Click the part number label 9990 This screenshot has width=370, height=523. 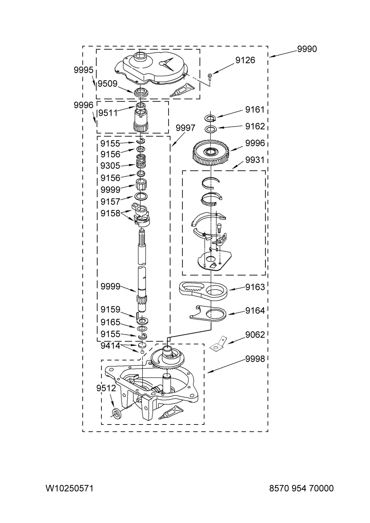pos(307,49)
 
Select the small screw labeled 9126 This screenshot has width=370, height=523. pos(210,76)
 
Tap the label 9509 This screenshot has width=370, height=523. pos(107,84)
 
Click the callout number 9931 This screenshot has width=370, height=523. pos(255,160)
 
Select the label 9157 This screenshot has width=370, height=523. pos(110,201)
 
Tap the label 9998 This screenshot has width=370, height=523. pos(255,359)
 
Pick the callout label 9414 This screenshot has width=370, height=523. pos(110,346)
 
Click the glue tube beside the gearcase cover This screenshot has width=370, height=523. pos(182,90)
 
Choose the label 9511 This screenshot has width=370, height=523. pos(108,113)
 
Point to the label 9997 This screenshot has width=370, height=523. pos(185,128)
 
